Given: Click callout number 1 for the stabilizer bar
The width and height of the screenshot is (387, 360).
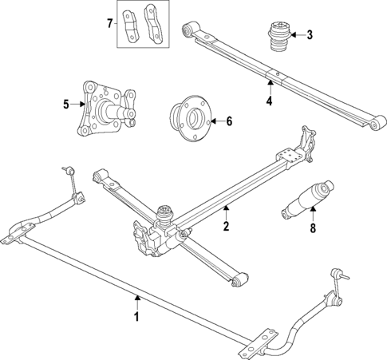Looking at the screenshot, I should pyautogui.click(x=136, y=317).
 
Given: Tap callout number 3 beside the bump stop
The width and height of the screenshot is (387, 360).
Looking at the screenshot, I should pyautogui.click(x=310, y=34).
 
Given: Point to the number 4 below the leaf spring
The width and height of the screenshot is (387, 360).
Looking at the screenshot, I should pyautogui.click(x=269, y=101).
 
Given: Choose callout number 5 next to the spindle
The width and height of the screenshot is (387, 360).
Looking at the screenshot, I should pyautogui.click(x=67, y=102).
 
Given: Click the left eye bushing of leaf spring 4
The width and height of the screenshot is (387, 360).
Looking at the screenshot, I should pyautogui.click(x=189, y=30).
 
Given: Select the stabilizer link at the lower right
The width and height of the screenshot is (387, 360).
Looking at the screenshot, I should pyautogui.click(x=337, y=291).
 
